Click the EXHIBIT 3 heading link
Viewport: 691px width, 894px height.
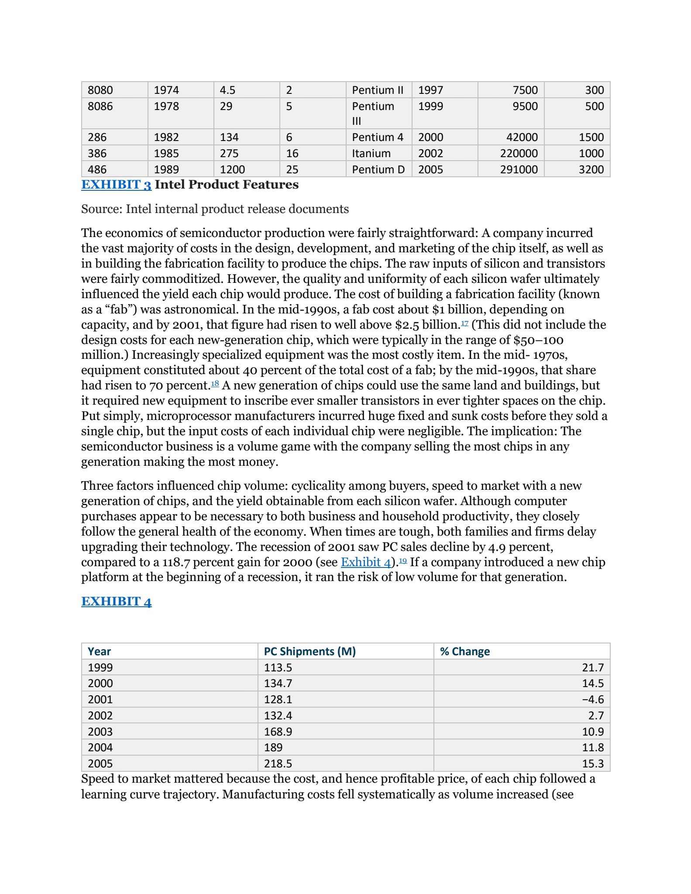[x=116, y=185]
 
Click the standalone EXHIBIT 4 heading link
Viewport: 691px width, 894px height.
[x=116, y=602]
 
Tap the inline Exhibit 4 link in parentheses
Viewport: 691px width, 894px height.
[x=365, y=562]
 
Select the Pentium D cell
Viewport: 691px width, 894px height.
[x=378, y=169]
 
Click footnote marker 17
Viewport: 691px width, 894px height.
[x=464, y=322]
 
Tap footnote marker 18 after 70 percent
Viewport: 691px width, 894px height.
[x=215, y=383]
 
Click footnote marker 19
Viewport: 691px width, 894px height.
[x=403, y=560]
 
